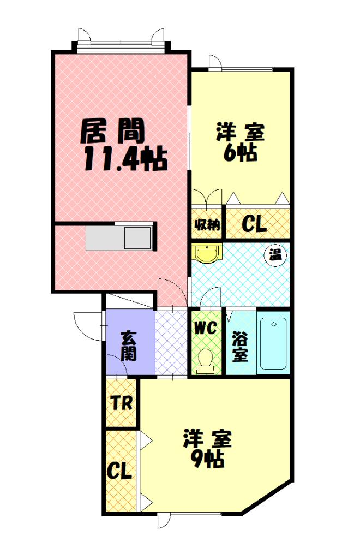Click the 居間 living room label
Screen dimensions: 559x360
tap(113, 130)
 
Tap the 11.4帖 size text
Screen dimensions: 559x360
tap(125, 159)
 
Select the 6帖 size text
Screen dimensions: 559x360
tap(240, 153)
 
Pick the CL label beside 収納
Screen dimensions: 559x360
tap(254, 224)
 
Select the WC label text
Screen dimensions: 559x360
tap(206, 328)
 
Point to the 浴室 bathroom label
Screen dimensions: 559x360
tap(240, 346)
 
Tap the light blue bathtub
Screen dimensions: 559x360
tap(272, 343)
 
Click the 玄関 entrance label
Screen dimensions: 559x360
tap(129, 346)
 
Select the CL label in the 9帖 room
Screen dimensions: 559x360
tap(120, 470)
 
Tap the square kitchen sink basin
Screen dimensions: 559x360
tap(137, 238)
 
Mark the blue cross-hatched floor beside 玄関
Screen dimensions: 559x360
tap(171, 343)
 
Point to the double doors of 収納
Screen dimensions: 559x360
tap(207, 197)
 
